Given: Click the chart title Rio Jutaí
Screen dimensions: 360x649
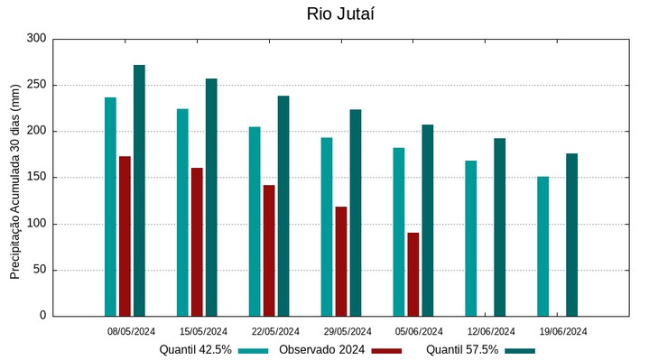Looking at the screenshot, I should (340, 14).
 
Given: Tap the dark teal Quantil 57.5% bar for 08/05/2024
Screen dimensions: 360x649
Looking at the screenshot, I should (139, 190).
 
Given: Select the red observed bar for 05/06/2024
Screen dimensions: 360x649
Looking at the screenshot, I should (413, 274).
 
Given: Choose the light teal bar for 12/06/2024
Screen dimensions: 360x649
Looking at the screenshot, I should (470, 238).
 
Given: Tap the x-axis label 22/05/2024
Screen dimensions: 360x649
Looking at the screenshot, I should (275, 331).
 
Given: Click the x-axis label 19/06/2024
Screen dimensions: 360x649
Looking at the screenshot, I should (564, 331).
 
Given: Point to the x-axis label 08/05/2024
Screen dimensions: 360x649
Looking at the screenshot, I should (132, 331).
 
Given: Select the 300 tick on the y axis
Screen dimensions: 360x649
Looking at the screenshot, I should (36, 39).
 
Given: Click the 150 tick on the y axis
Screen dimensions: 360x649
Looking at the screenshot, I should (36, 178).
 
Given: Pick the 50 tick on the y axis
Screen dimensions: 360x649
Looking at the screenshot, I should (39, 270).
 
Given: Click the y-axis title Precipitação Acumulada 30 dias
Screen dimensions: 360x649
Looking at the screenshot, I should (14, 177).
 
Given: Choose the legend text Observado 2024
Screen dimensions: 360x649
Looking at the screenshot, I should (321, 350).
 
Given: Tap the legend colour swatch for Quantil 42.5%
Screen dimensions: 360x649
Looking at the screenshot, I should (254, 350).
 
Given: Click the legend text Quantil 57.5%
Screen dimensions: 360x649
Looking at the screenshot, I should (462, 350).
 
